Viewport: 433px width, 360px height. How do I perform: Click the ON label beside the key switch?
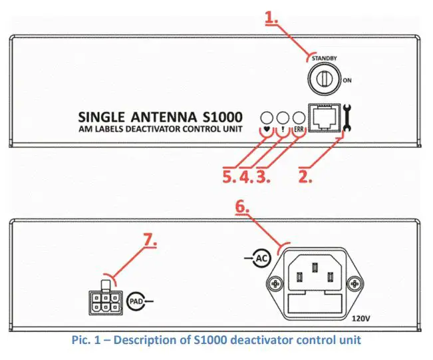347,80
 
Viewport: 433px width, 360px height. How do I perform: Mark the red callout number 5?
230,176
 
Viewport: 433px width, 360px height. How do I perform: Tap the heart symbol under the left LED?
267,130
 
